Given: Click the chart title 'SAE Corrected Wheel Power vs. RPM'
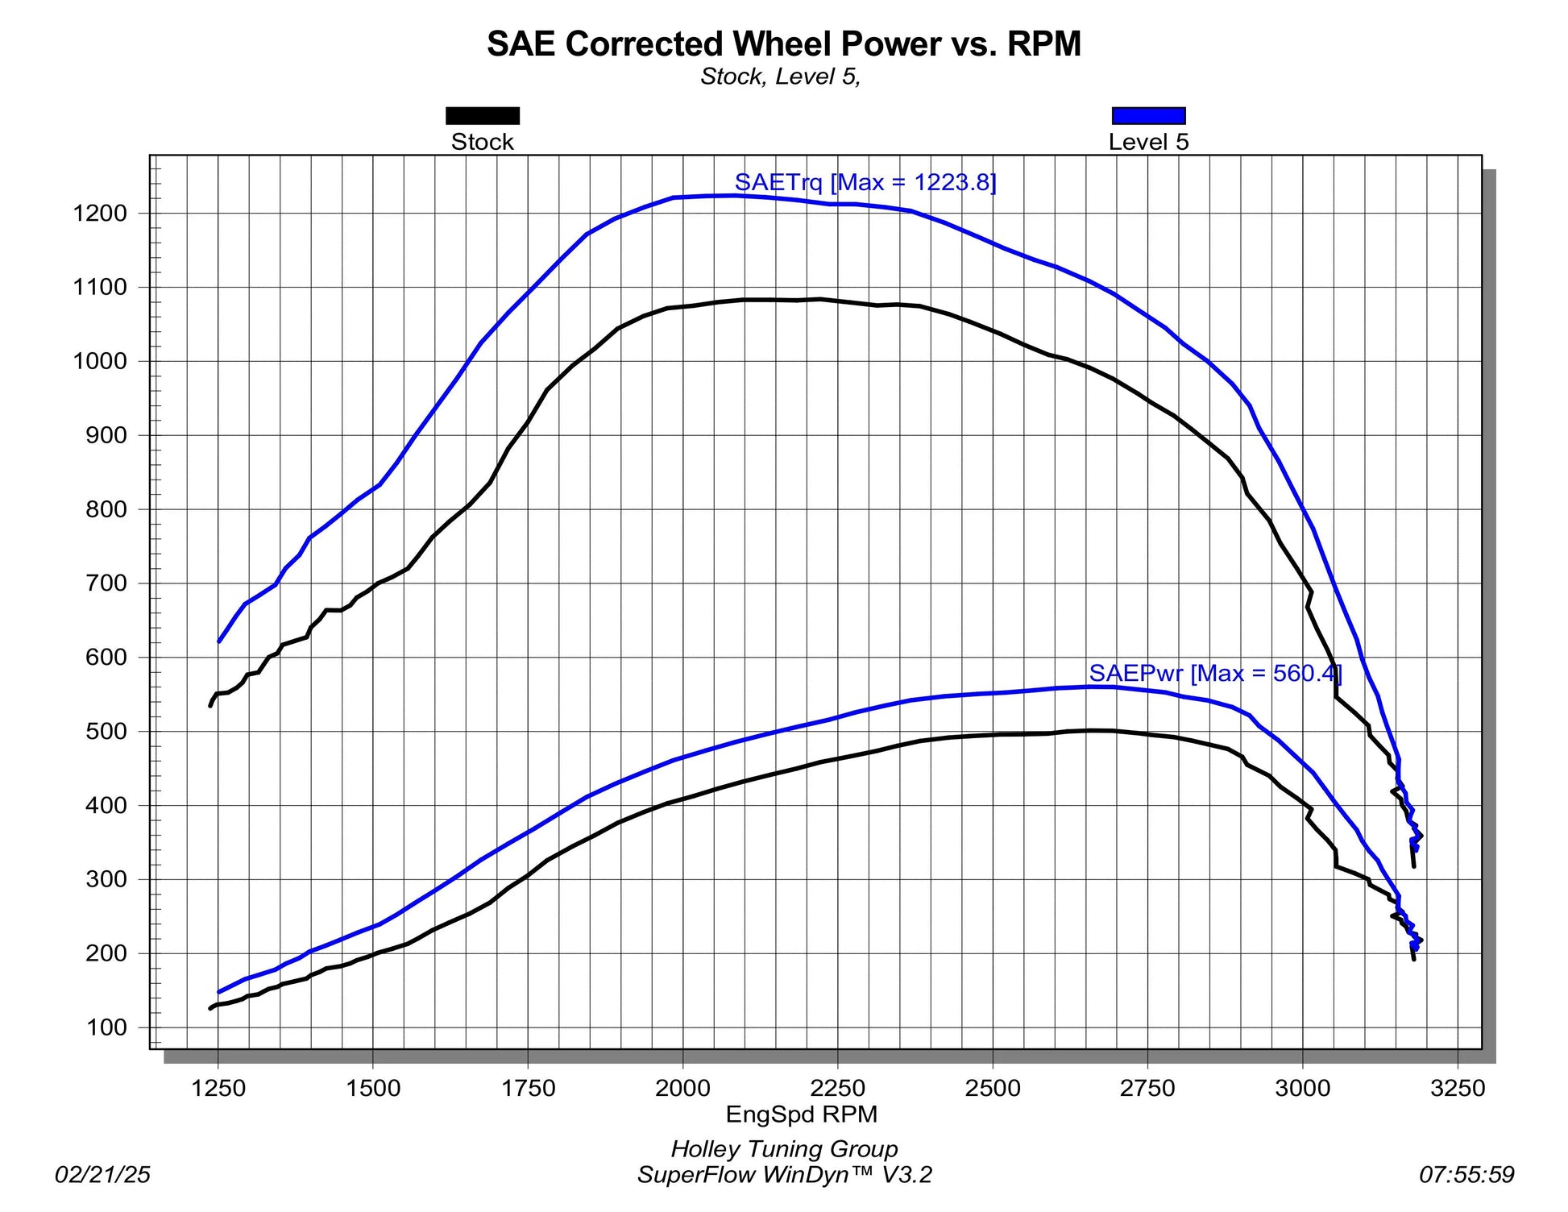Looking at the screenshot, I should (x=783, y=44).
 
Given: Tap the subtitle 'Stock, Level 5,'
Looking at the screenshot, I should (x=780, y=77).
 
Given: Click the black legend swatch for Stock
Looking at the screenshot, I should (x=483, y=116).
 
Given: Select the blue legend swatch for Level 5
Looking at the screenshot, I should (x=1148, y=116).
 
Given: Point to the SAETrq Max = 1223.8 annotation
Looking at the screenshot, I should (x=865, y=182).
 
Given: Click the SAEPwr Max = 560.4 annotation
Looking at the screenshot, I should (x=1215, y=673).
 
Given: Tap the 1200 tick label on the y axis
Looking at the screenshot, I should (x=100, y=214).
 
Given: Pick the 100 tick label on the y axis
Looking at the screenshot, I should (x=106, y=1027).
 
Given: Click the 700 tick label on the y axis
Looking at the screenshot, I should (x=106, y=583).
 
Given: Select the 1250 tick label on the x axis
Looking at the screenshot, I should (x=218, y=1089).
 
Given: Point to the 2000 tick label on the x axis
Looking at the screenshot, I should (x=682, y=1089).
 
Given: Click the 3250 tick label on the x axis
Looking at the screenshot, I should (x=1457, y=1089).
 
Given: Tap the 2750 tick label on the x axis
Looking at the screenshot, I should (x=1147, y=1089).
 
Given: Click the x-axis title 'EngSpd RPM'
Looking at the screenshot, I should (x=801, y=1114).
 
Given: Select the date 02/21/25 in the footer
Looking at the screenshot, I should (x=102, y=1175).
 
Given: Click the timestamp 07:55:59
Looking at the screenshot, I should (x=1466, y=1175).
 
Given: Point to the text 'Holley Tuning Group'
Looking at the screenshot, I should (x=784, y=1149).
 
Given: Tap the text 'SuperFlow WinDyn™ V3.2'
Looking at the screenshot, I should (x=784, y=1175).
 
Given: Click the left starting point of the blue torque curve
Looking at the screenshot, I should (x=219, y=641).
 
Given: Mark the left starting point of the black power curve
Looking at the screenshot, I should (x=211, y=1008).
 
